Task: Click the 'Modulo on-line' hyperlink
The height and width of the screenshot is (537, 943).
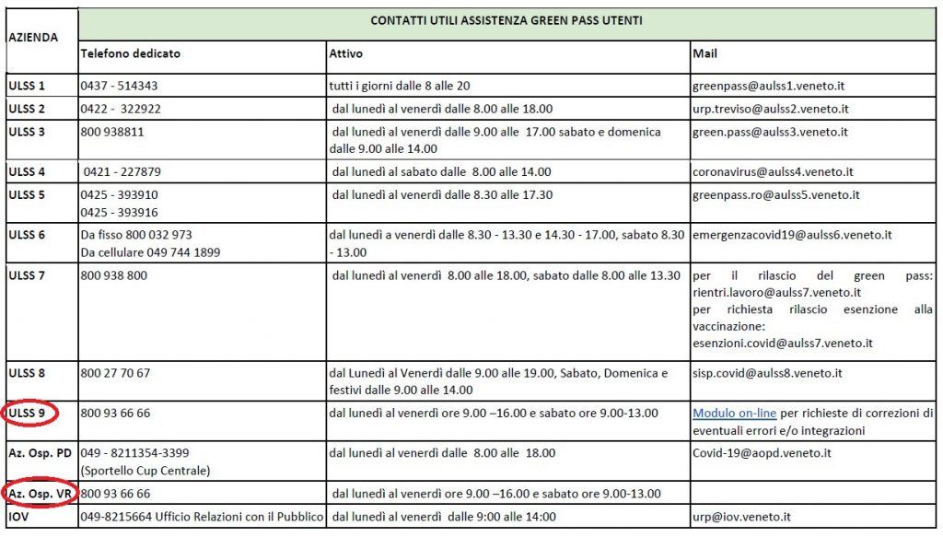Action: [x=730, y=414]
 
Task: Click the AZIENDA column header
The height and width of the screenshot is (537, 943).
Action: [x=33, y=38]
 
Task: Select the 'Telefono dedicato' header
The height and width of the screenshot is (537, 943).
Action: [x=131, y=53]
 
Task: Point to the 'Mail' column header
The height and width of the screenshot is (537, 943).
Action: [x=704, y=53]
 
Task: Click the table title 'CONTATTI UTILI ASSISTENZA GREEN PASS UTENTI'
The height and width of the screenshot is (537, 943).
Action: [x=506, y=20]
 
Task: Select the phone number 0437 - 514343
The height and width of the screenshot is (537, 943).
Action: [x=120, y=86]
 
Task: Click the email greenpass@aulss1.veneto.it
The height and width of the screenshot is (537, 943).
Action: [x=769, y=86]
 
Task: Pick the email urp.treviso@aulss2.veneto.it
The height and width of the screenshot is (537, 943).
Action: [x=771, y=109]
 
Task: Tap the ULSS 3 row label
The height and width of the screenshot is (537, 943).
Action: [x=27, y=132]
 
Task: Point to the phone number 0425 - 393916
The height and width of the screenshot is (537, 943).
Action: [x=120, y=211]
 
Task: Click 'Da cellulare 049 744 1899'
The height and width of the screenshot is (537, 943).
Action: [x=150, y=251]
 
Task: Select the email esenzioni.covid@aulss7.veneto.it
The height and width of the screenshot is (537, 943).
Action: [x=783, y=343]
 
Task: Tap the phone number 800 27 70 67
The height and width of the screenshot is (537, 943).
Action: [x=116, y=373]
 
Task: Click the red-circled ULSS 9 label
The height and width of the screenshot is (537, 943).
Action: [x=28, y=414]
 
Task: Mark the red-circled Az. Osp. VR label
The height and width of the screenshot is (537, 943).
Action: [x=40, y=494]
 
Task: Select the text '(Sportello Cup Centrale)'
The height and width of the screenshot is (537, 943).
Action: [x=146, y=471]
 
